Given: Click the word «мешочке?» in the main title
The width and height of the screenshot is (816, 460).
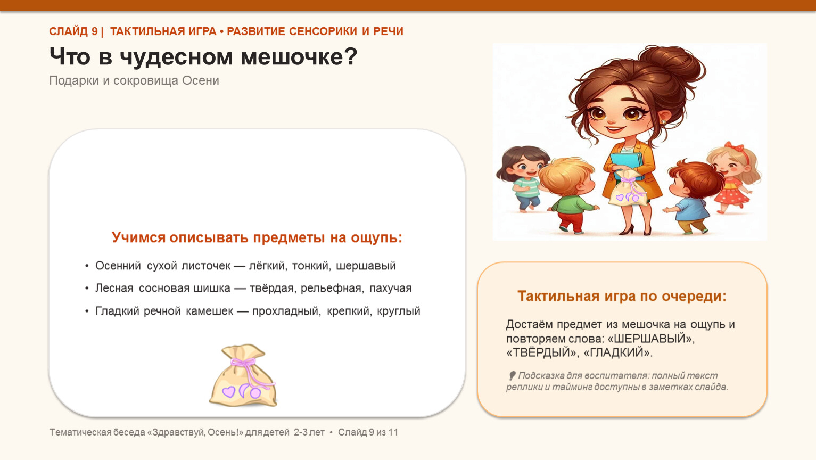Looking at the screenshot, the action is pyautogui.click(x=299, y=57).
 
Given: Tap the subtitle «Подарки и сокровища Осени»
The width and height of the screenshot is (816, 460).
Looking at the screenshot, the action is pyautogui.click(x=134, y=80).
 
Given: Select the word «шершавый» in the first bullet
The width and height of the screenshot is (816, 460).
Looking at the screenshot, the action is pyautogui.click(x=366, y=266).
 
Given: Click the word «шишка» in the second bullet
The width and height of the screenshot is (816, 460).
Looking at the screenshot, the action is pyautogui.click(x=212, y=289).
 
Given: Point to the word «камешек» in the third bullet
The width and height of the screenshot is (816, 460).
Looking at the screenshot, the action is pyautogui.click(x=210, y=311).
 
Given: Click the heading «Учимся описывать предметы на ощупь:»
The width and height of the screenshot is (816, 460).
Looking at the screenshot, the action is pyautogui.click(x=257, y=237).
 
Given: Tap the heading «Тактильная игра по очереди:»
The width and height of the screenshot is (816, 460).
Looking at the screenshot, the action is pyautogui.click(x=622, y=296).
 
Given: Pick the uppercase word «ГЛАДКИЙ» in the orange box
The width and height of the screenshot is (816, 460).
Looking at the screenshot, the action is pyautogui.click(x=617, y=352).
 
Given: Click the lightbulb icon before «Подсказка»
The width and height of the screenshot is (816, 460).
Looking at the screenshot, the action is pyautogui.click(x=512, y=375).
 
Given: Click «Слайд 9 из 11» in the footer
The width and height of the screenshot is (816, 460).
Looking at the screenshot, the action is pyautogui.click(x=368, y=432).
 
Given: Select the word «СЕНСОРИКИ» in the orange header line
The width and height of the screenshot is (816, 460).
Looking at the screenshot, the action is pyautogui.click(x=323, y=31).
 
